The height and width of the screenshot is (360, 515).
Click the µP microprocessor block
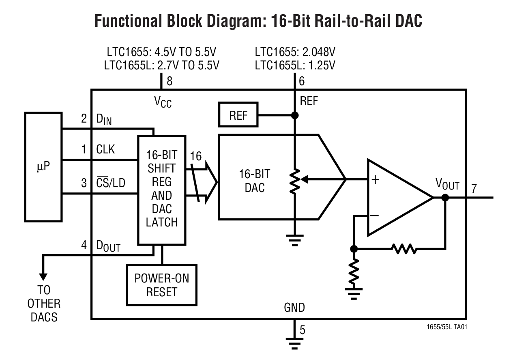(x=43, y=166)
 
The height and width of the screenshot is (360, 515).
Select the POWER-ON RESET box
(x=161, y=285)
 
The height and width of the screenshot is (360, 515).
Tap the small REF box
(x=238, y=116)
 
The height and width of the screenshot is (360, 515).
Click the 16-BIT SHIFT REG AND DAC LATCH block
(x=162, y=190)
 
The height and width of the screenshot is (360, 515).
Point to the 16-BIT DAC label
(x=255, y=181)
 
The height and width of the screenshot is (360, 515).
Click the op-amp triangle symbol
(x=395, y=198)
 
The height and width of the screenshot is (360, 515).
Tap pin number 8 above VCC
(x=170, y=81)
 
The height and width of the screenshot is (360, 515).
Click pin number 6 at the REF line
(x=302, y=81)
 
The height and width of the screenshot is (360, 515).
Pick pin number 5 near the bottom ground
(x=302, y=330)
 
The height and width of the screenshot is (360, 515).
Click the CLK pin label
(x=105, y=150)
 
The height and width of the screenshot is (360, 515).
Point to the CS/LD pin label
(x=111, y=183)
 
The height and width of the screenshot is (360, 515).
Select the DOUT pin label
(x=108, y=246)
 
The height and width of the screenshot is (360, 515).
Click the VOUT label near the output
(x=447, y=185)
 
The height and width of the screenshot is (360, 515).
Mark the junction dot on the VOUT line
(x=445, y=198)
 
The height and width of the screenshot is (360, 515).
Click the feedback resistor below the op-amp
(x=403, y=248)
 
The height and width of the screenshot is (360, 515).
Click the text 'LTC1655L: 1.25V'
(x=295, y=65)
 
